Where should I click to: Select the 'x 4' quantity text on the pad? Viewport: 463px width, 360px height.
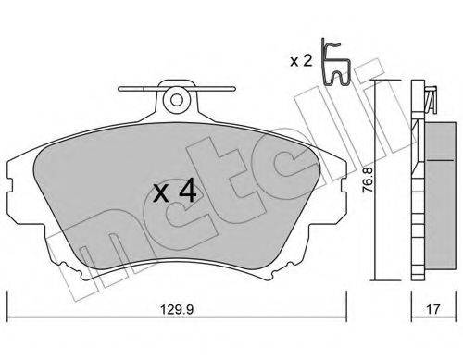tap(174, 192)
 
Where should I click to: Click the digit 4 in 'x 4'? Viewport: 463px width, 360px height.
tap(187, 192)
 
